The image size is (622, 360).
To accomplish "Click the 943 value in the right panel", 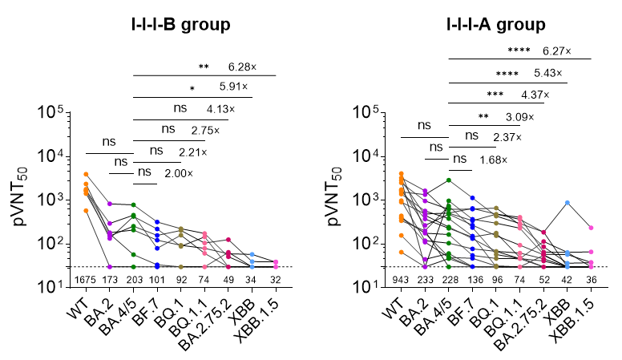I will (401, 279).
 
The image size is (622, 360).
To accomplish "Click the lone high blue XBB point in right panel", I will (568, 203).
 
